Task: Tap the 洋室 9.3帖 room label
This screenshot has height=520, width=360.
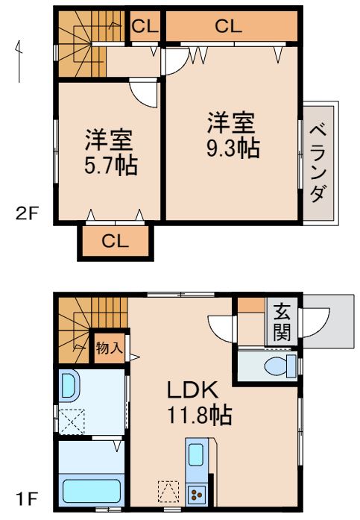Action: tap(233, 134)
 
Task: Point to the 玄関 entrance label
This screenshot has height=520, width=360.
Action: tap(281, 322)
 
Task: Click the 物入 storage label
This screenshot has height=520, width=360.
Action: tap(109, 347)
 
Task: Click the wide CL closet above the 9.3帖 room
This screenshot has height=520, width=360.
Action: tap(230, 26)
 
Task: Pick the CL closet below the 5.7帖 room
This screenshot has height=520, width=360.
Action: tap(116, 241)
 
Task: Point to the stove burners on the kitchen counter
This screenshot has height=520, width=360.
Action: tap(198, 493)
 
